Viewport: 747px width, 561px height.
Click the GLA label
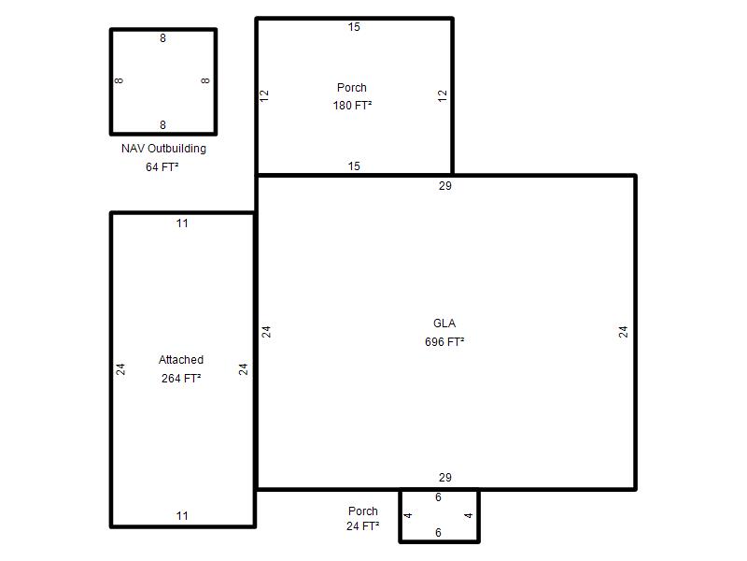click(x=444, y=324)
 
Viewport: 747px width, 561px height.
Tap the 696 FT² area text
click(x=444, y=341)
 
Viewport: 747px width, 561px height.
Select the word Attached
click(x=181, y=360)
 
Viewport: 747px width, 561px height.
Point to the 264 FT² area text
click(x=181, y=379)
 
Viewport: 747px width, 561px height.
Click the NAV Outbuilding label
click(x=163, y=149)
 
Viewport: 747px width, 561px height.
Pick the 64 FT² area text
click(x=162, y=167)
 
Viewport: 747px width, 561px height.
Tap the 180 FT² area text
click(x=352, y=105)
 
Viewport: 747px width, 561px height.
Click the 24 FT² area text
click(x=362, y=526)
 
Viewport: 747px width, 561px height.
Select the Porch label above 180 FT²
click(x=352, y=88)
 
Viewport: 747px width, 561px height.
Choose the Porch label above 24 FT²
click(x=363, y=511)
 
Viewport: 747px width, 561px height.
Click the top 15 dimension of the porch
click(x=354, y=27)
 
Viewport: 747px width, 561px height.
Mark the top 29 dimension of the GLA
click(x=445, y=186)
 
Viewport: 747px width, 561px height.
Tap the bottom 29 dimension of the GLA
click(x=445, y=478)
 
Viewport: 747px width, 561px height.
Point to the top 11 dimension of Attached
click(x=182, y=223)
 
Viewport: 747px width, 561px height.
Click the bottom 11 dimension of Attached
click(x=182, y=516)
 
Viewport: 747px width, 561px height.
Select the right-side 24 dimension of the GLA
click(x=623, y=332)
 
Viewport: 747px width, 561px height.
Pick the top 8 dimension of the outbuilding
click(x=162, y=38)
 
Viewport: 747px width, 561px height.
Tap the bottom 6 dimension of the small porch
click(x=438, y=533)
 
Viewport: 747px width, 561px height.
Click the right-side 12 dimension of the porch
click(x=443, y=96)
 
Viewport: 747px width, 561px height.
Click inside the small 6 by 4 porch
click(x=439, y=515)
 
